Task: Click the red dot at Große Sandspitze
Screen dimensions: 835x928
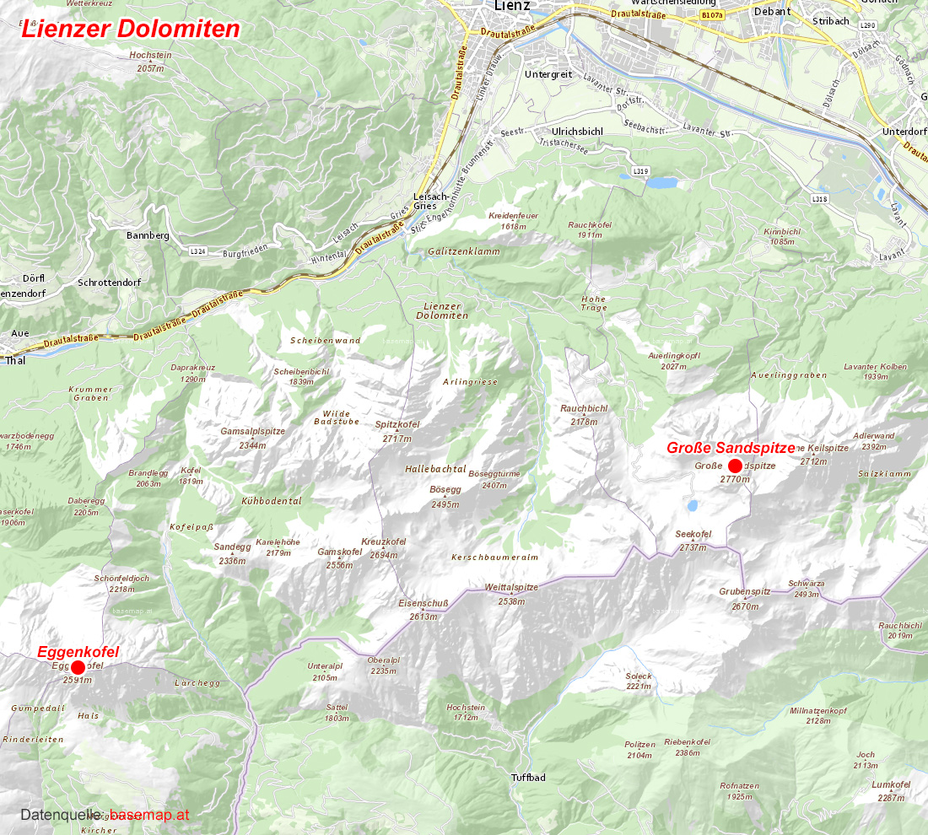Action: (735, 466)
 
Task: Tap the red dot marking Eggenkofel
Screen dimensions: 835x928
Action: (78, 667)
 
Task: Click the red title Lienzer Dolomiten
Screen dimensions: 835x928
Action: (131, 30)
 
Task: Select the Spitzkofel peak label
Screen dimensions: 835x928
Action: (397, 425)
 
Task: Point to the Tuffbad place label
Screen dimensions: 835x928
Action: (528, 777)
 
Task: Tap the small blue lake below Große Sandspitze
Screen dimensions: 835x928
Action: (692, 505)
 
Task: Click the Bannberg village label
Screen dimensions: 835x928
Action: (148, 235)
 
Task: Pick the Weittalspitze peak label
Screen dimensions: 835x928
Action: (511, 587)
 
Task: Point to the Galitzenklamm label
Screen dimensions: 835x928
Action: (463, 251)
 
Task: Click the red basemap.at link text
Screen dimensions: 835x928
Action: (149, 816)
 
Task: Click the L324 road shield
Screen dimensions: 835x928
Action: (198, 251)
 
